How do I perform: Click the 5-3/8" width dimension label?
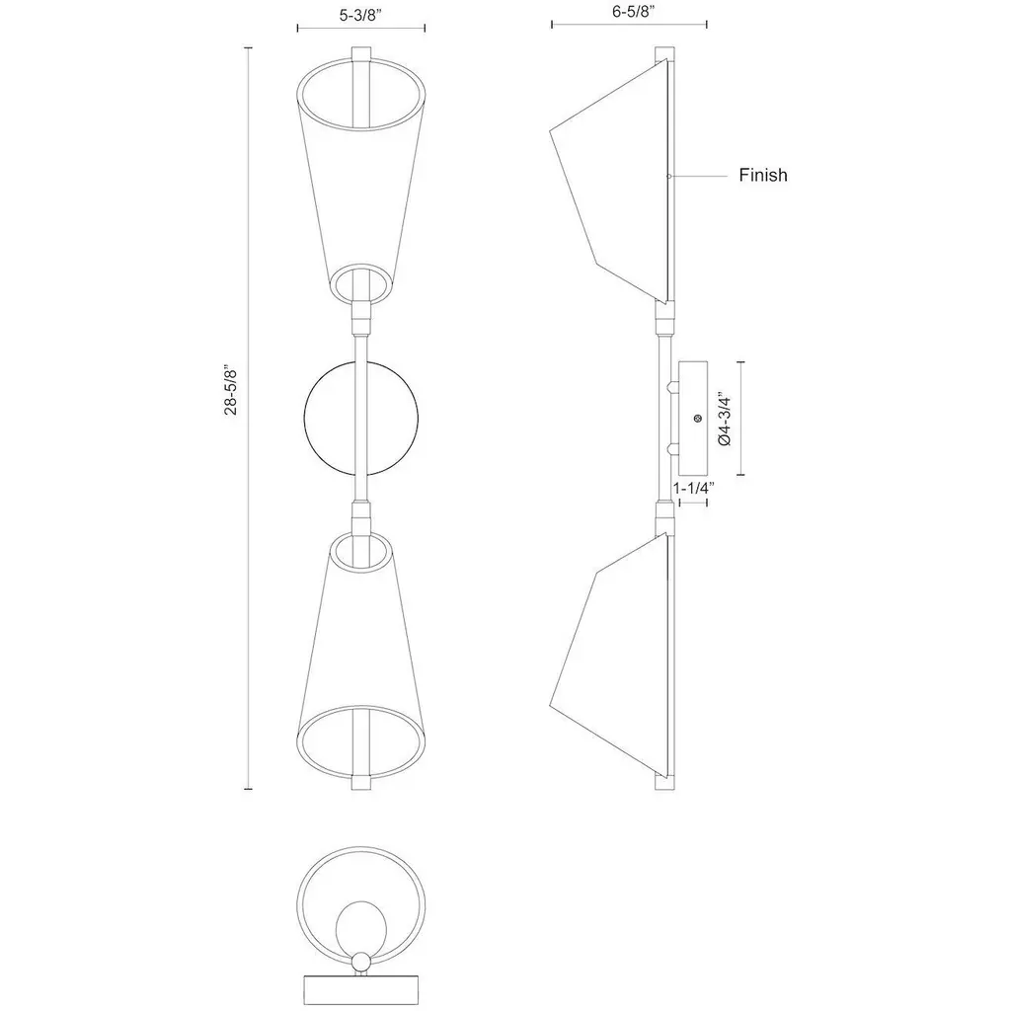click(x=361, y=16)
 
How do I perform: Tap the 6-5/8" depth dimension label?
click(x=634, y=11)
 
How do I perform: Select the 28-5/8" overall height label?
click(x=231, y=391)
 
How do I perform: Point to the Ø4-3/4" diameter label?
click(x=725, y=419)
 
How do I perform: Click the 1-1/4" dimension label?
click(x=694, y=488)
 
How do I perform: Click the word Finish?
click(x=763, y=175)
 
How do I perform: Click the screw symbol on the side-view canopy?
click(x=698, y=419)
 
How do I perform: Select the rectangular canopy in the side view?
click(x=693, y=418)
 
